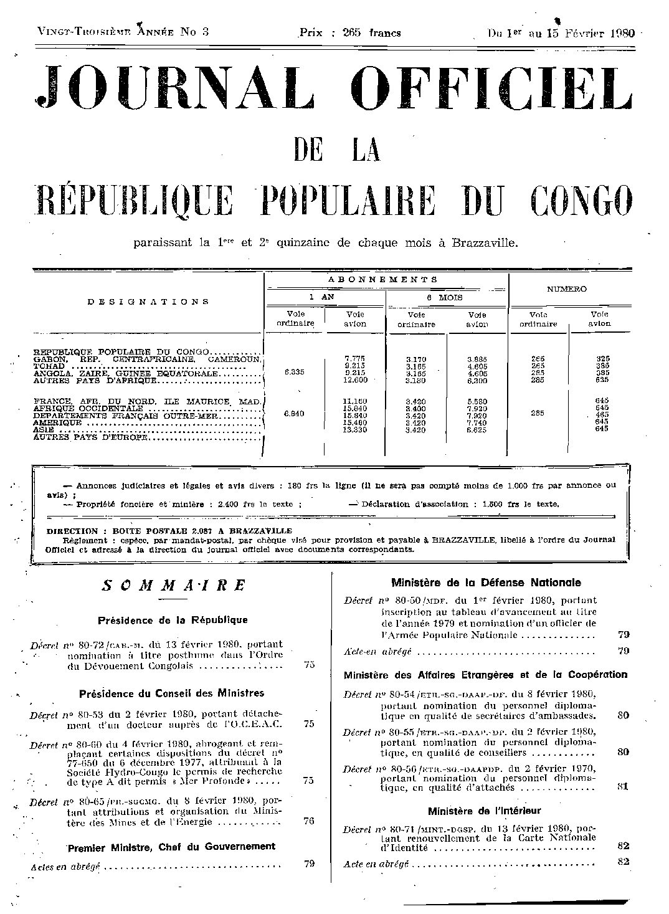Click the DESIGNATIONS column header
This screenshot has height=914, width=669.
point(148,302)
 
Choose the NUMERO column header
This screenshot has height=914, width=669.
point(567,289)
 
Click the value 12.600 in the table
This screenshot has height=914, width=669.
point(356,380)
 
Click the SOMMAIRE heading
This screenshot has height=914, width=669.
point(174,586)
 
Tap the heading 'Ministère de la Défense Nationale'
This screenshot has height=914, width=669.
point(486,583)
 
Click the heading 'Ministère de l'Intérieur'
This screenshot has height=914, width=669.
point(485,811)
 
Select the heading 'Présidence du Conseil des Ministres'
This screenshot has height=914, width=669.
point(172,693)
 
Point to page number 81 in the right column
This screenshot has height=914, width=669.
point(622,786)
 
